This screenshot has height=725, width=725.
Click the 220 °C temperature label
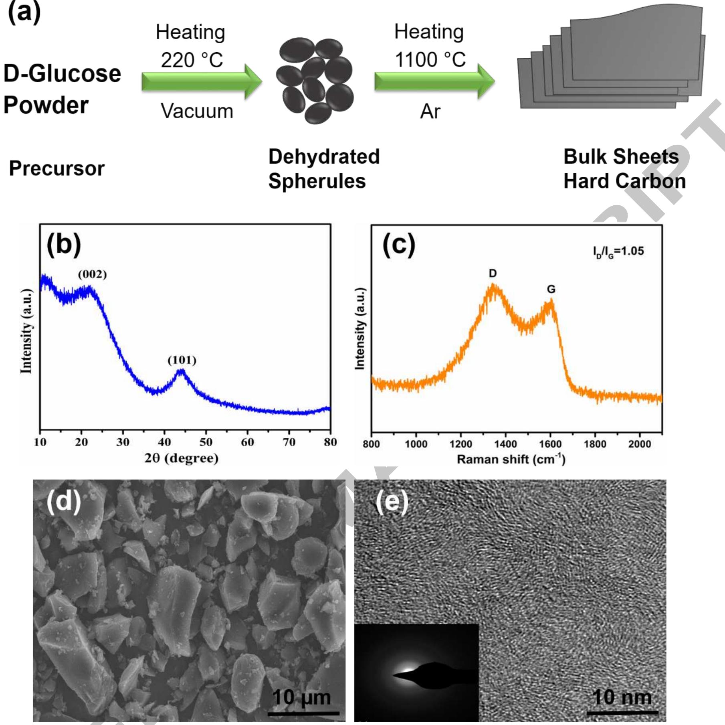pos(192,60)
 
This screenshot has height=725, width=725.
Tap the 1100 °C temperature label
pos(430,60)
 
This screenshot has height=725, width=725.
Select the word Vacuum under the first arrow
pos(197,111)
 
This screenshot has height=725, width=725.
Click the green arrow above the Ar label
pos(434,81)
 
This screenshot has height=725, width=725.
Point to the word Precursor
pos(57,168)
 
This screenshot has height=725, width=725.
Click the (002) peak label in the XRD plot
pos(92,275)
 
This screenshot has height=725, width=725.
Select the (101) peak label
pos(182,360)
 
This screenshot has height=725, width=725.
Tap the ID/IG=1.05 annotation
pos(618,251)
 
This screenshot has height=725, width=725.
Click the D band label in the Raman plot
pos(493,273)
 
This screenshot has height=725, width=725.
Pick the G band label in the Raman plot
pos(551,289)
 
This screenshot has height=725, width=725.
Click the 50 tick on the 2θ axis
pos(206,442)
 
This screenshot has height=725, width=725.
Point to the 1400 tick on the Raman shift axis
pos(505,444)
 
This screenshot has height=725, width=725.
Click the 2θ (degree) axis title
pos(182,458)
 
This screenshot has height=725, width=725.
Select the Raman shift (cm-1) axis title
pos(511,459)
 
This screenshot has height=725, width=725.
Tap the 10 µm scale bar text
pos(301,697)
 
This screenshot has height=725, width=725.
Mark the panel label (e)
pos(392,502)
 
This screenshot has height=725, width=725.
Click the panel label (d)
pos(64,501)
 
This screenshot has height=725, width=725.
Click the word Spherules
pos(317,181)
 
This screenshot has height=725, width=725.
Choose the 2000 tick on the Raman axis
pos(639,444)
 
